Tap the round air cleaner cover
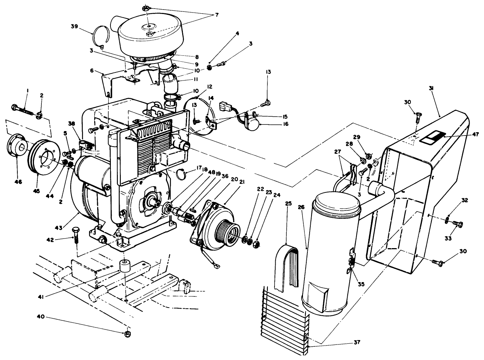point(150,35)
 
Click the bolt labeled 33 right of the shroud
point(457,223)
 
